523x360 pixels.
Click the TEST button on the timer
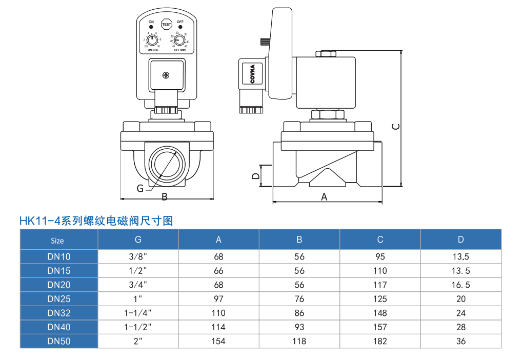tap(166, 24)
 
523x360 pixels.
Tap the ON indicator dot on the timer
tap(151, 28)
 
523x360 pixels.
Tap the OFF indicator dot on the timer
tap(180, 28)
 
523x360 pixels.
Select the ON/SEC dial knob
tap(152, 40)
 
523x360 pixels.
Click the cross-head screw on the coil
tap(166, 76)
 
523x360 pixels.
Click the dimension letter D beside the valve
tap(255, 176)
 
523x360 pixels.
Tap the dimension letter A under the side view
tap(324, 196)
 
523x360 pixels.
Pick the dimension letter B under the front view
tap(164, 196)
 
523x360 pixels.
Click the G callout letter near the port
tap(140, 188)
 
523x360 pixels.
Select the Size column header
tap(57, 240)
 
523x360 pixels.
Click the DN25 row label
tap(59, 299)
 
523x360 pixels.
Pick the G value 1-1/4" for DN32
tap(138, 313)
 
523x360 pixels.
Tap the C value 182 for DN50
tap(380, 341)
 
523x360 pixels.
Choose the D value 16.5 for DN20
tap(460, 285)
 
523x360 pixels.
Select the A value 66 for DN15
tap(218, 271)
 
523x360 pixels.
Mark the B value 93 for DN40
tap(299, 327)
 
